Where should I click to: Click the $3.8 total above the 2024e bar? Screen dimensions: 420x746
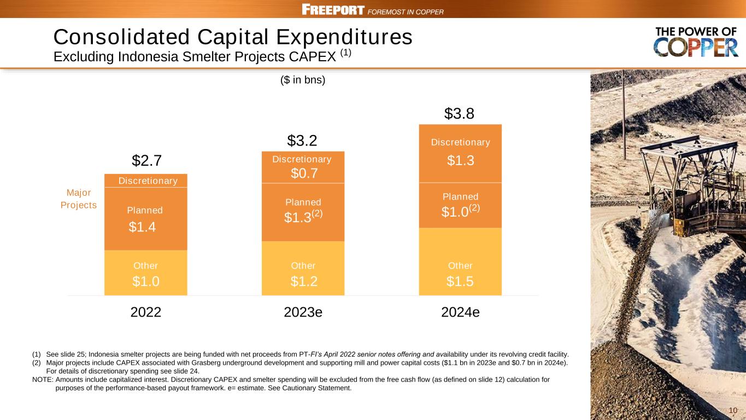[459, 114]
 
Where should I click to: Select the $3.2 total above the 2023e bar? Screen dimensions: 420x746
[302, 141]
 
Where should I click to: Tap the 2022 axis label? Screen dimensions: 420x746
[146, 312]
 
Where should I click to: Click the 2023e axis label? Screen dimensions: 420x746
[303, 312]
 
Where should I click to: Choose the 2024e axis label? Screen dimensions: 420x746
[460, 312]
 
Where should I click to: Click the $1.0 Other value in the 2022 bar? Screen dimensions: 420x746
[145, 282]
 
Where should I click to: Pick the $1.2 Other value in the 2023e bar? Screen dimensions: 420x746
[303, 282]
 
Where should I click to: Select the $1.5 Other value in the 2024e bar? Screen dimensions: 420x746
[460, 282]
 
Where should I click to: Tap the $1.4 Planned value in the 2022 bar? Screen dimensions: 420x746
[142, 227]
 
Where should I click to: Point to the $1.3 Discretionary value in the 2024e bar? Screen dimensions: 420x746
[460, 160]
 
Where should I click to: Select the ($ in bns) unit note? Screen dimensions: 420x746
[302, 80]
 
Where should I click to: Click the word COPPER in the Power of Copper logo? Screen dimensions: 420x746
[696, 49]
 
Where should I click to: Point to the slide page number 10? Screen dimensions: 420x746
[733, 411]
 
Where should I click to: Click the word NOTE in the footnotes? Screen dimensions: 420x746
[43, 379]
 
